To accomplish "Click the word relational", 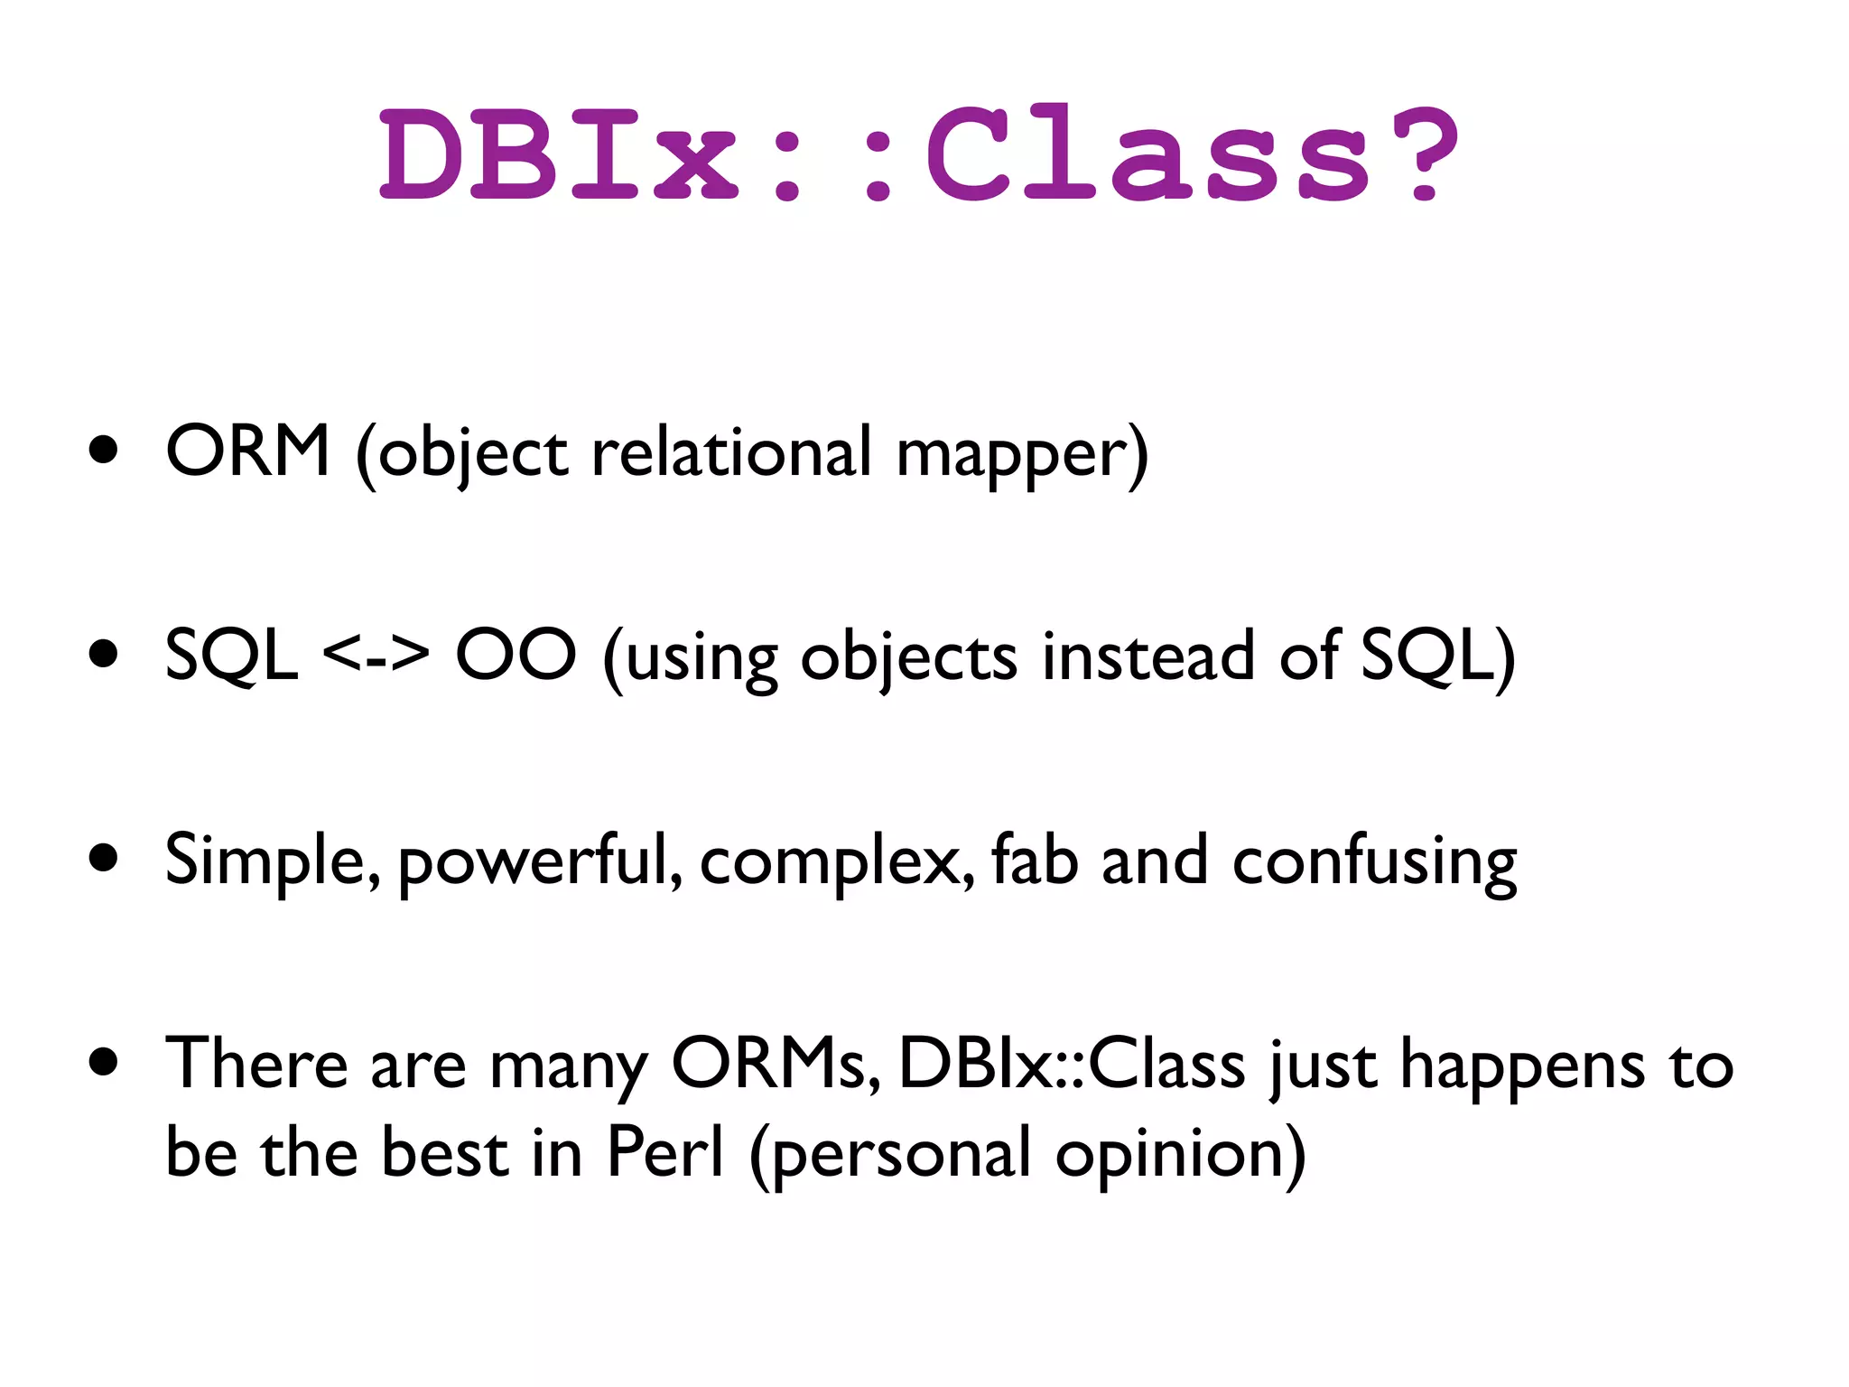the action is [731, 451].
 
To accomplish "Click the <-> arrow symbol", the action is [376, 656].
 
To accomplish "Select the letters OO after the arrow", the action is [516, 656].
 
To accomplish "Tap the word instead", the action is [1147, 656].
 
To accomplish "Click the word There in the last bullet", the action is [256, 1064].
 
